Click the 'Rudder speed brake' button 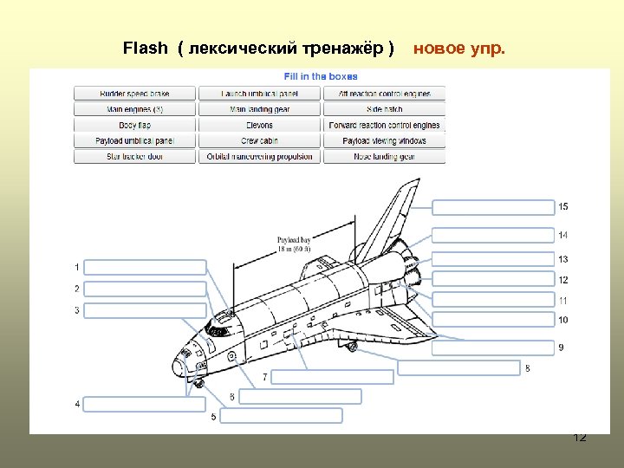[134, 94]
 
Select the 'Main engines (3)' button [134, 109]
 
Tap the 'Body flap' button [134, 125]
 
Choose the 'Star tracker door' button [134, 157]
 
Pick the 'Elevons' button [259, 125]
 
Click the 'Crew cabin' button [259, 140]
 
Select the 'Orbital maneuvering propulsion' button [259, 157]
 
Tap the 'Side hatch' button [384, 109]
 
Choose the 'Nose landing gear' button [384, 157]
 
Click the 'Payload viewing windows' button [384, 140]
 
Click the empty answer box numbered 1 [146, 267]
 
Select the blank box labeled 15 [492, 207]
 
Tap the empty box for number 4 [146, 404]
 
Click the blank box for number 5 [281, 415]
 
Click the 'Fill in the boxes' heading [321, 77]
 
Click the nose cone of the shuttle [179, 358]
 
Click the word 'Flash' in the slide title [146, 48]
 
